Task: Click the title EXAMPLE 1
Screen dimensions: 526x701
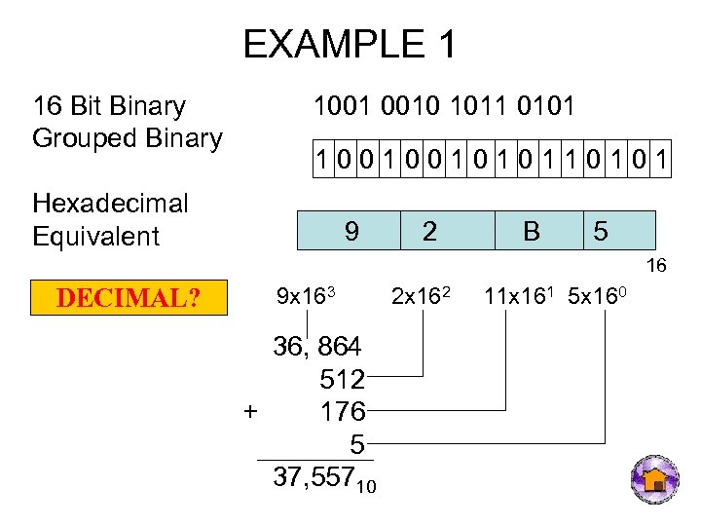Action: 350,45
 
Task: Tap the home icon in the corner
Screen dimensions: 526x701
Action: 655,479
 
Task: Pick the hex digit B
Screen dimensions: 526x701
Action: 531,231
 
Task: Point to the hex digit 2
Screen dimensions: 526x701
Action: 428,231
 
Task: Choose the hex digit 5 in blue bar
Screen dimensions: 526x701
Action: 601,231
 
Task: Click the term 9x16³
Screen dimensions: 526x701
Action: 306,294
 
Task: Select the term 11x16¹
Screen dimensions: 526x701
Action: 517,293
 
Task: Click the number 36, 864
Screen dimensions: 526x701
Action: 317,346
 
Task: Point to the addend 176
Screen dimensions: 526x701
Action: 342,411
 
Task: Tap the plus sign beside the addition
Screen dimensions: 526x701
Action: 250,411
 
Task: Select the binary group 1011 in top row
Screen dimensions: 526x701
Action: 487,105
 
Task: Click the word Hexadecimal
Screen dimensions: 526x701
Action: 110,204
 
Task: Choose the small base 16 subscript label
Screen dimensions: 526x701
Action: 658,265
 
